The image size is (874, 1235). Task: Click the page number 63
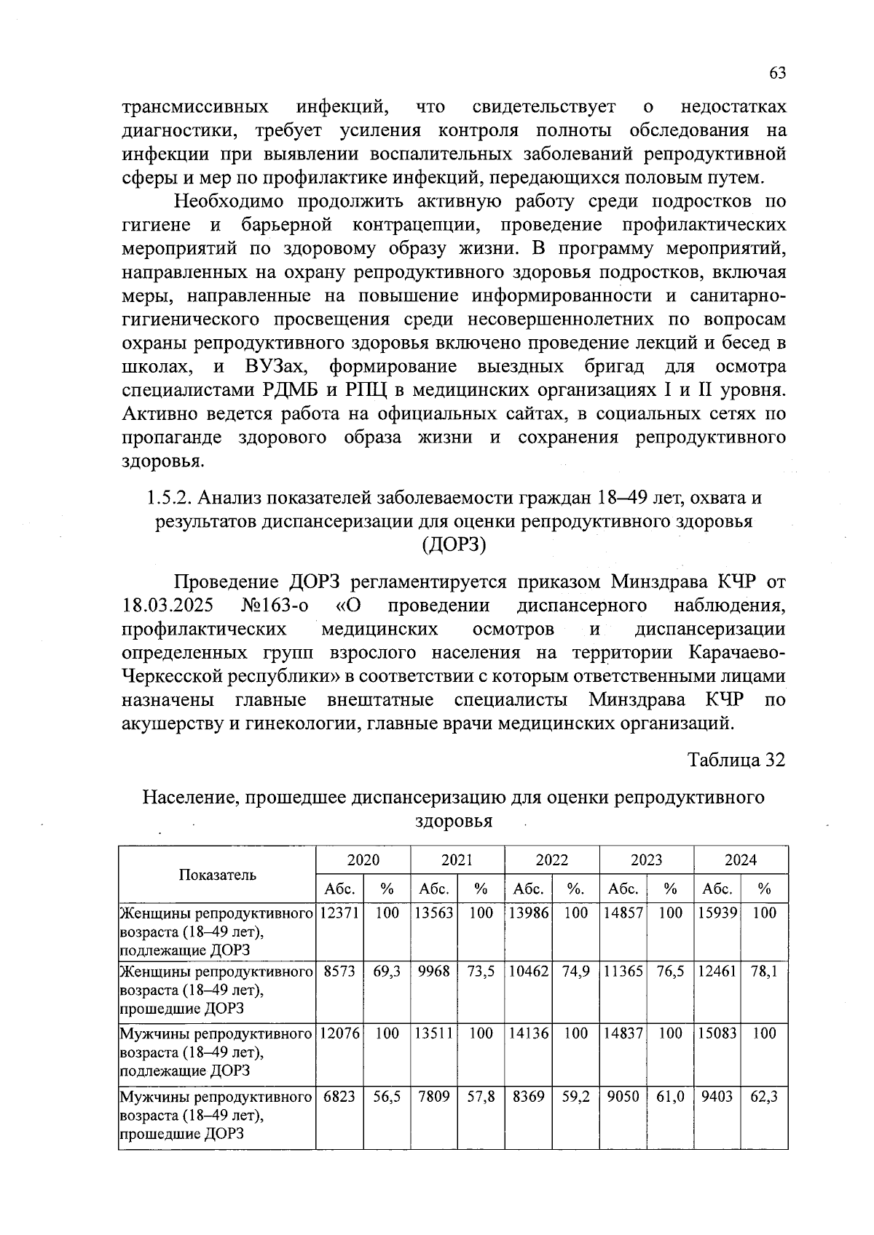(x=777, y=74)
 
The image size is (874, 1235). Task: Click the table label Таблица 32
(x=736, y=760)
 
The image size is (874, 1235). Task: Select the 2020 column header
(x=363, y=860)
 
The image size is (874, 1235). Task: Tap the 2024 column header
(x=740, y=860)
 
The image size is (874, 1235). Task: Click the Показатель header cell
(x=217, y=874)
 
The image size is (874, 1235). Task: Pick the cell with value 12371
(x=339, y=913)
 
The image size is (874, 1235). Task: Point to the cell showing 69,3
(x=387, y=972)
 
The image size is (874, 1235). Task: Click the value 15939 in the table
(x=717, y=913)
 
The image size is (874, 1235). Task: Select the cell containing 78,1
(x=763, y=972)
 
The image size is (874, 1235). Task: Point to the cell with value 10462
(x=528, y=972)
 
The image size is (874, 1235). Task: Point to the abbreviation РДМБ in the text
(x=291, y=390)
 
